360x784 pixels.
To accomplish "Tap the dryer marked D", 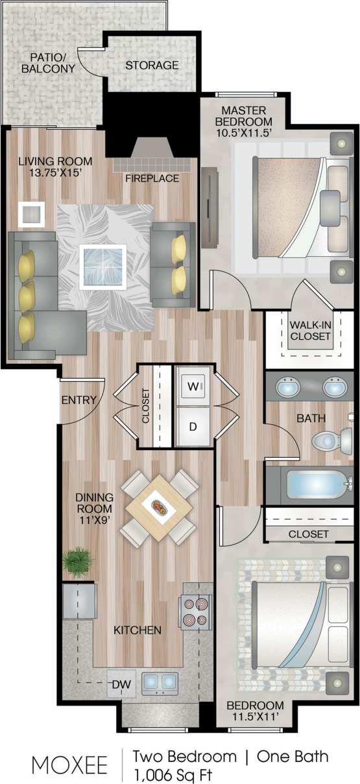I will [x=193, y=426].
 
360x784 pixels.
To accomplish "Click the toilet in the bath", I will [x=324, y=442].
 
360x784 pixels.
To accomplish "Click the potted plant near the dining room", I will [x=78, y=561].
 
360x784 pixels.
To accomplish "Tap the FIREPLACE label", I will [x=152, y=178].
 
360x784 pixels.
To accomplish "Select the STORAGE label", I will [x=152, y=65].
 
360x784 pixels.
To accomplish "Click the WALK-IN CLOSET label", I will [x=310, y=330].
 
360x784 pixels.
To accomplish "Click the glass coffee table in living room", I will [x=102, y=266].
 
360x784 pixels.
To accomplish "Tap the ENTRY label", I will [x=78, y=401].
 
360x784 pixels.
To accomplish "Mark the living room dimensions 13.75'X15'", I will [x=54, y=173].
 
